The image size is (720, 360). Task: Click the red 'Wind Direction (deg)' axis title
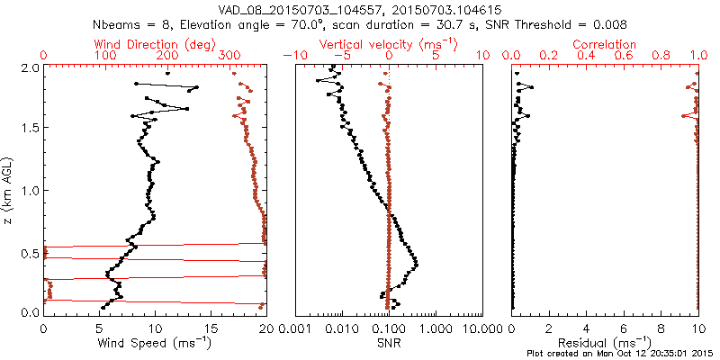click(155, 44)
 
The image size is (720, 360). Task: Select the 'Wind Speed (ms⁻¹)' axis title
click(155, 343)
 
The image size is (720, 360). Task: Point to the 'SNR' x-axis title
click(389, 343)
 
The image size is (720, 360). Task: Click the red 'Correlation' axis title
click(605, 44)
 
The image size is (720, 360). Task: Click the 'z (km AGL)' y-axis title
click(8, 189)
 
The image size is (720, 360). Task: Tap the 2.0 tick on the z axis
click(29, 67)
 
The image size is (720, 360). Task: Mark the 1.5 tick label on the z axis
click(29, 129)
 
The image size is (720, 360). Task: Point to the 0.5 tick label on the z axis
click(29, 251)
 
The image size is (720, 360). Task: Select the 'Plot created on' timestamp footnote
click(620, 353)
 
